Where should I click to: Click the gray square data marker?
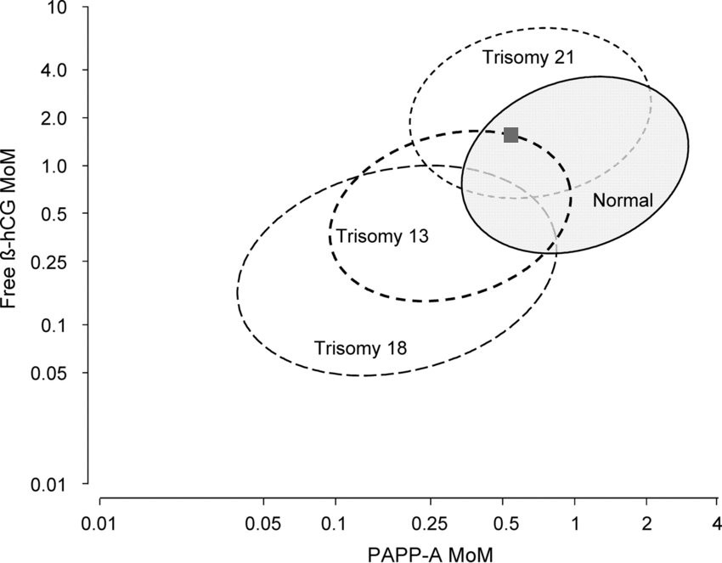[x=510, y=134]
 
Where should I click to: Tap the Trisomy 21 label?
[x=528, y=58]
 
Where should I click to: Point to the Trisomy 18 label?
[x=360, y=347]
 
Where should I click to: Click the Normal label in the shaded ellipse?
[x=622, y=201]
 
